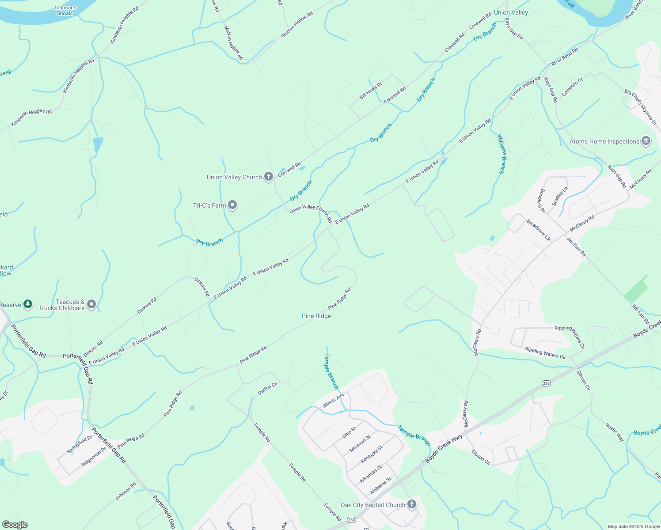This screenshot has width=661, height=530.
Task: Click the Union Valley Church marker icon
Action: tap(268, 177)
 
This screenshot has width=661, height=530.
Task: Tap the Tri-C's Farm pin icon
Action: tap(232, 205)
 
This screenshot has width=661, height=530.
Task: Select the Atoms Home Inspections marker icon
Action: tap(646, 141)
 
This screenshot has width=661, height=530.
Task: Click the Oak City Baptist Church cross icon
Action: tap(411, 504)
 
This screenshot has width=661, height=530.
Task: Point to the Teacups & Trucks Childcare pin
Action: tap(91, 304)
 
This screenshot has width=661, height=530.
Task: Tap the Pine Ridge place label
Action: tap(316, 316)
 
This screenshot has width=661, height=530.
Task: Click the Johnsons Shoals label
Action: tap(65, 11)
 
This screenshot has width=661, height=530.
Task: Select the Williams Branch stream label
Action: tap(501, 154)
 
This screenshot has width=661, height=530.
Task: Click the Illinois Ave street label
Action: tap(333, 401)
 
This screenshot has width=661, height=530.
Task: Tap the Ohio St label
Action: tap(349, 432)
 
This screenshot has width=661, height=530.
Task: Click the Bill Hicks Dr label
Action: tap(370, 91)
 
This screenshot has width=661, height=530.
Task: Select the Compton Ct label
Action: tap(573, 87)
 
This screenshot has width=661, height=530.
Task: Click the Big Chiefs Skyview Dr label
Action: tap(640, 107)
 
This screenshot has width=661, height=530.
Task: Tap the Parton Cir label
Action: tap(268, 389)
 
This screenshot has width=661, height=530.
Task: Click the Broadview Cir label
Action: tap(539, 230)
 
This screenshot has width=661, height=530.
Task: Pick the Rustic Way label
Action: tap(615, 432)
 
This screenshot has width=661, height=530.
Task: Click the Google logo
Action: tap(15, 525)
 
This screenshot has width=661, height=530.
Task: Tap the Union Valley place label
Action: tap(511, 12)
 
